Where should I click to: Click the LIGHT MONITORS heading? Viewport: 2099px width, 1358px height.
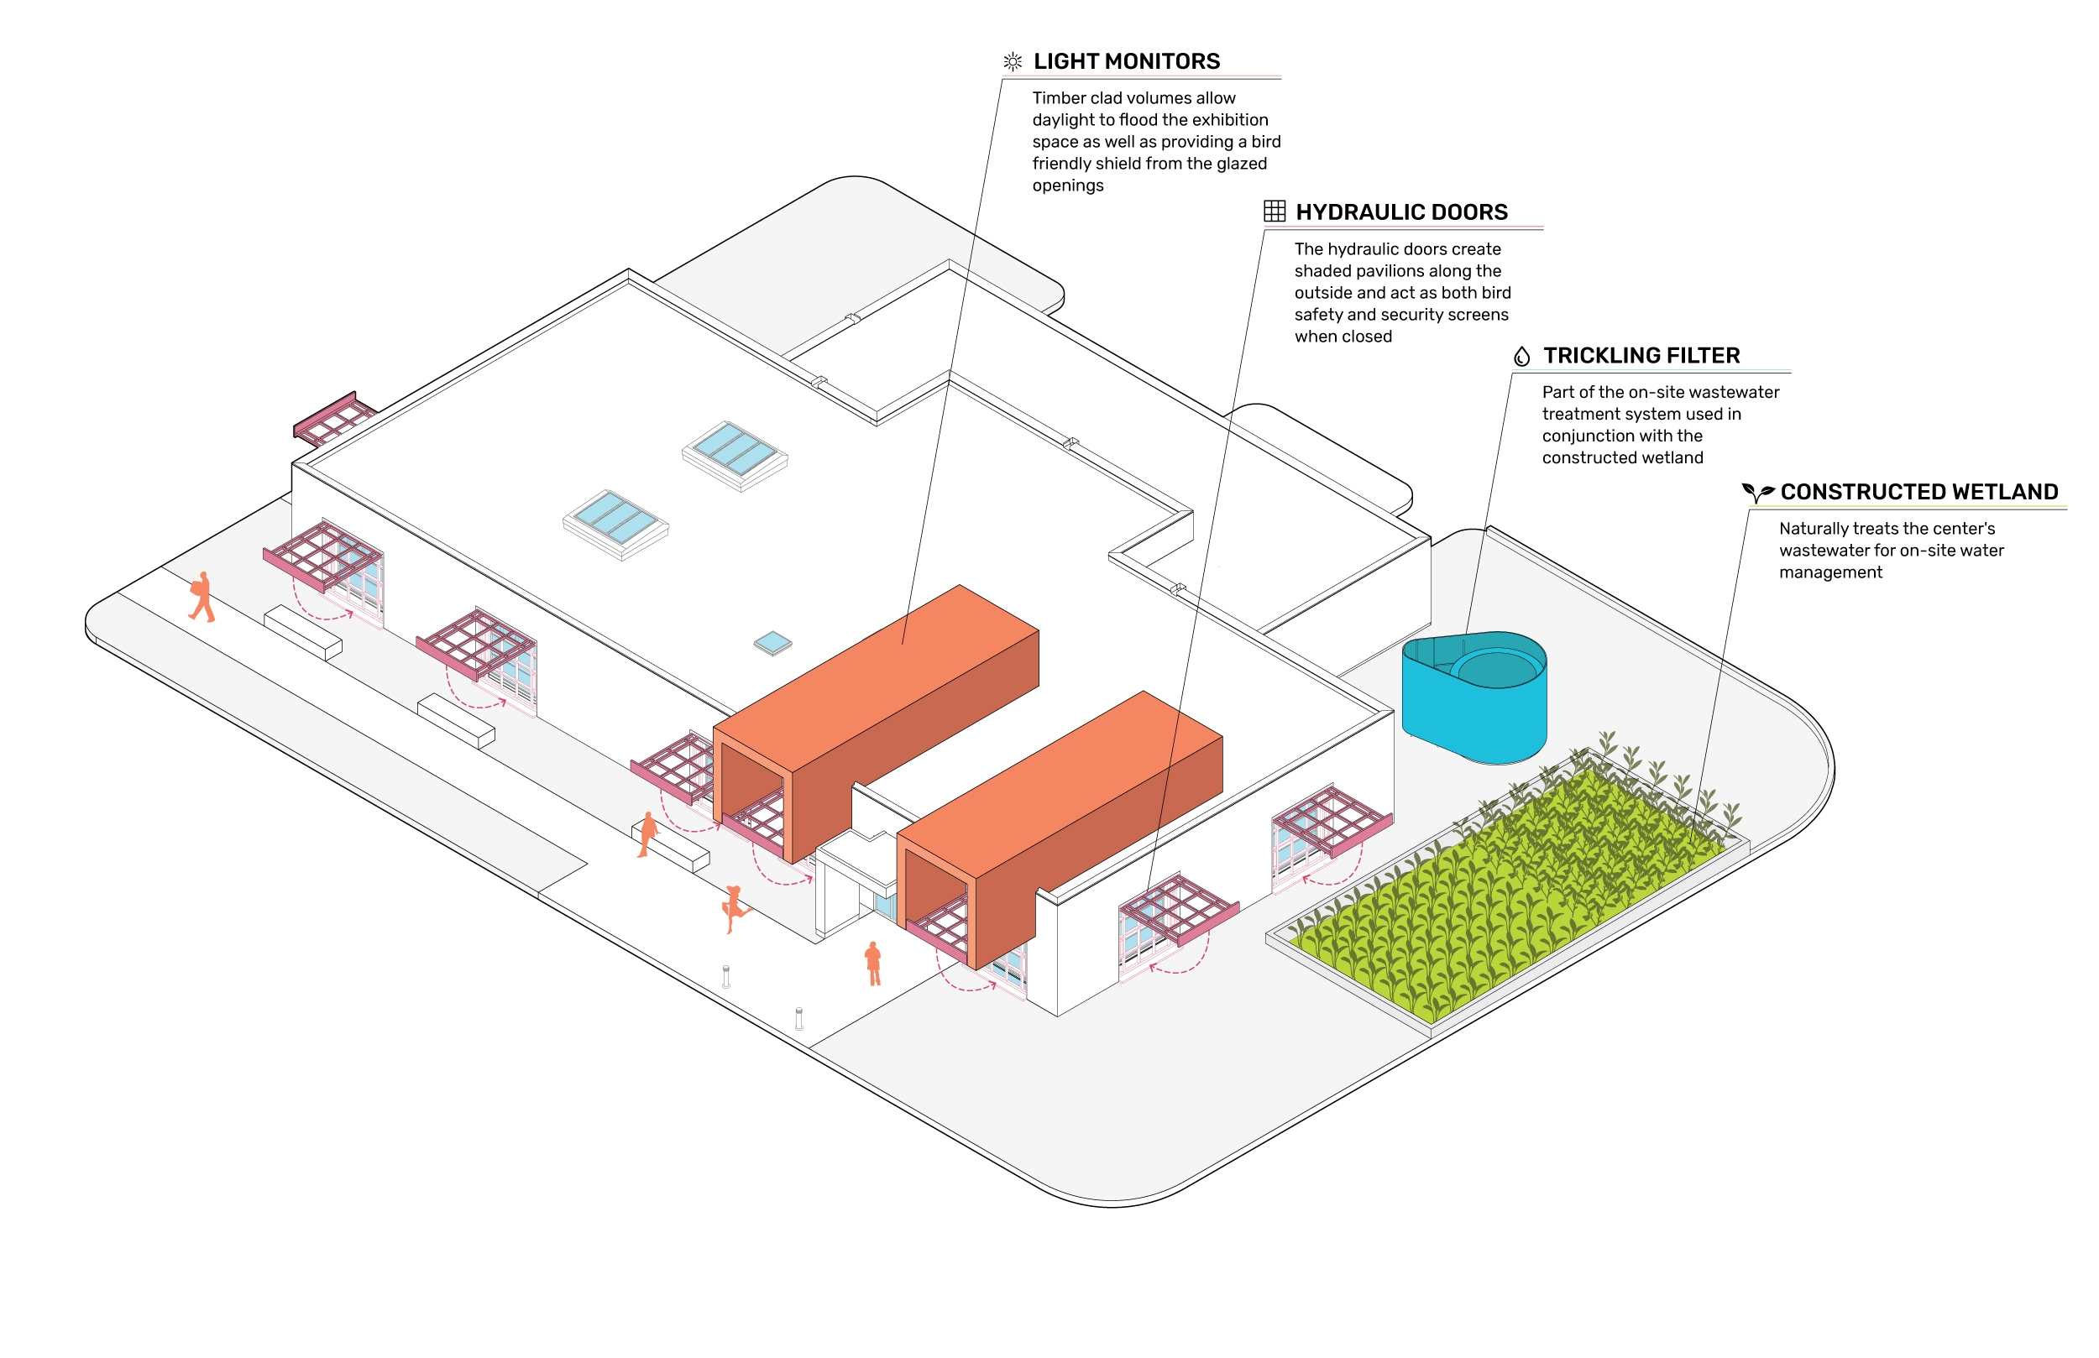click(1126, 62)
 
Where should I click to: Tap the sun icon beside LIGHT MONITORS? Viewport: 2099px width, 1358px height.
click(1013, 62)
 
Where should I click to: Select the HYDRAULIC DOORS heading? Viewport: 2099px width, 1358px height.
click(1401, 212)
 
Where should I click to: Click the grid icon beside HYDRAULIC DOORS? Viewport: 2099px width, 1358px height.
click(1275, 211)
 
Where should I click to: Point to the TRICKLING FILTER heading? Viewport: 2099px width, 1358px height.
click(1641, 356)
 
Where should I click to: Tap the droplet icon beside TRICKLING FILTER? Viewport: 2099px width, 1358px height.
click(1521, 356)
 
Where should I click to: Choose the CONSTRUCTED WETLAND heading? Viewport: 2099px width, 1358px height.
click(1919, 492)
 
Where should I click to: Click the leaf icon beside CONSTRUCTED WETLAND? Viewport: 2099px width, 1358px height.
click(1756, 492)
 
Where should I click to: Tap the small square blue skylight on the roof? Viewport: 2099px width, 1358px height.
click(773, 643)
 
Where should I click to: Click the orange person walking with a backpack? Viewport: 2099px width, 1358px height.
click(202, 597)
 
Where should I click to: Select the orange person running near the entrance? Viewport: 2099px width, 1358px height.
click(734, 907)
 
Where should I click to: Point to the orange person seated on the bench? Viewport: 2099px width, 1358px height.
click(648, 834)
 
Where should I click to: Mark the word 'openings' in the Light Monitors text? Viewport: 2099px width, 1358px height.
click(1068, 186)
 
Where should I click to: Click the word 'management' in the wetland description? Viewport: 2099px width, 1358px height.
click(1830, 573)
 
